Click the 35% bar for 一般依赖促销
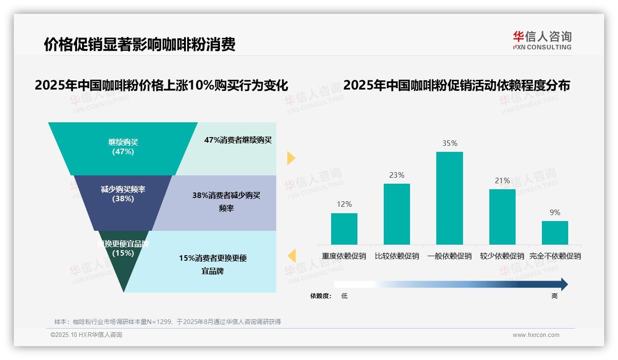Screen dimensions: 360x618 (x=449, y=198)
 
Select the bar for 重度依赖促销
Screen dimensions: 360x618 (x=344, y=228)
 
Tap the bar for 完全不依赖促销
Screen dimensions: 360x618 (x=555, y=233)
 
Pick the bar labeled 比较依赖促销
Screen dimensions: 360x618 (x=397, y=214)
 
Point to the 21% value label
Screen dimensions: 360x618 (x=502, y=180)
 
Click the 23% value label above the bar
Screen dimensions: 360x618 (x=397, y=175)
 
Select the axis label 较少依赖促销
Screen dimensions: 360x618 (x=502, y=256)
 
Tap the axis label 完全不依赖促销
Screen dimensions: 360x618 (x=555, y=256)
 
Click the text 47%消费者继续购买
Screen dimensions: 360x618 (x=238, y=140)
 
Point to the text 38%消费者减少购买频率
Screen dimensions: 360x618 (x=226, y=202)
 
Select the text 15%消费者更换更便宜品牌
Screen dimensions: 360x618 (x=213, y=264)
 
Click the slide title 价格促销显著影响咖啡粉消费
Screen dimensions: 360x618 (x=139, y=44)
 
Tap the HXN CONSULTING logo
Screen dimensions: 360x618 (x=542, y=41)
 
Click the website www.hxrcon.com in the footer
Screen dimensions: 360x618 (x=536, y=335)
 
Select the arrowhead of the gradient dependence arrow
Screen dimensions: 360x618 (x=564, y=284)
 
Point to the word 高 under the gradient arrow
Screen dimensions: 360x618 (x=554, y=296)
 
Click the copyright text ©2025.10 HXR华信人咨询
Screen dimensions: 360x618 (x=86, y=335)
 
